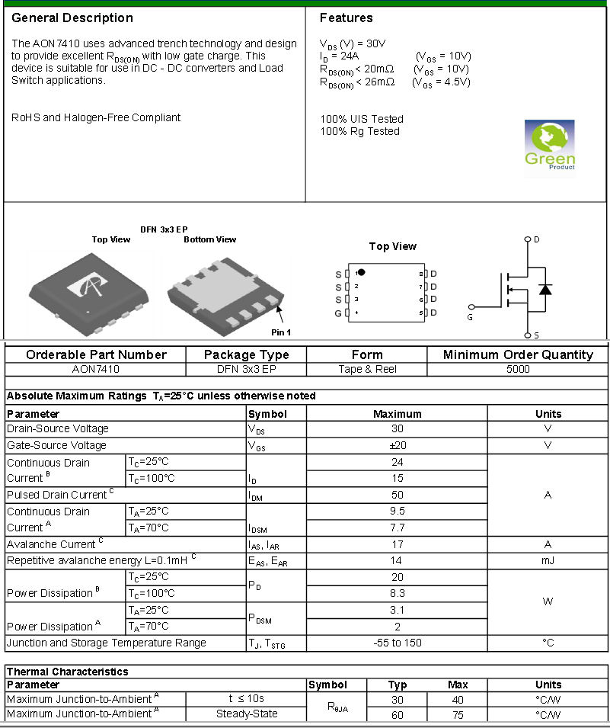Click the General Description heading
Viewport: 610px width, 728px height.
click(x=72, y=18)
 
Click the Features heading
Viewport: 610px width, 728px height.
click(x=346, y=18)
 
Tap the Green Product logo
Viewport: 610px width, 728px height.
click(x=550, y=145)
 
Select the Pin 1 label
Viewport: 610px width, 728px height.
click(x=281, y=332)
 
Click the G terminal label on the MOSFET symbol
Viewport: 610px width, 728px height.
click(x=470, y=317)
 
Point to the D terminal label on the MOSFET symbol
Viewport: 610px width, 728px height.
click(x=537, y=239)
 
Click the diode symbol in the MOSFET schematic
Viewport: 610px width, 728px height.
click(x=545, y=289)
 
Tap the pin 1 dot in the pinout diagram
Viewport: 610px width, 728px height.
click(x=362, y=272)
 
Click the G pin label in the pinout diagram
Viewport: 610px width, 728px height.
click(x=338, y=313)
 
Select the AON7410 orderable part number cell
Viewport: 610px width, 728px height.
click(x=95, y=369)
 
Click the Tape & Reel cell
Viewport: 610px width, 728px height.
click(x=367, y=369)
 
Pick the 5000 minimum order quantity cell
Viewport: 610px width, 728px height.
click(x=518, y=369)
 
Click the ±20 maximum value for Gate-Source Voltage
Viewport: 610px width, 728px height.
click(x=397, y=445)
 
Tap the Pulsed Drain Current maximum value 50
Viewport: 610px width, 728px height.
click(x=397, y=495)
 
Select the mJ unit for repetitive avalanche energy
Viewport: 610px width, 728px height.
click(x=548, y=560)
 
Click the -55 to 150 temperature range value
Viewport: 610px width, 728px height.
click(x=397, y=643)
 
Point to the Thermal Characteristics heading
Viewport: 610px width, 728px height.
click(x=68, y=672)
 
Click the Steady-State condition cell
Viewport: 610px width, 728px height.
click(x=247, y=714)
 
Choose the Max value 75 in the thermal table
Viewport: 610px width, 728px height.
click(x=458, y=714)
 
